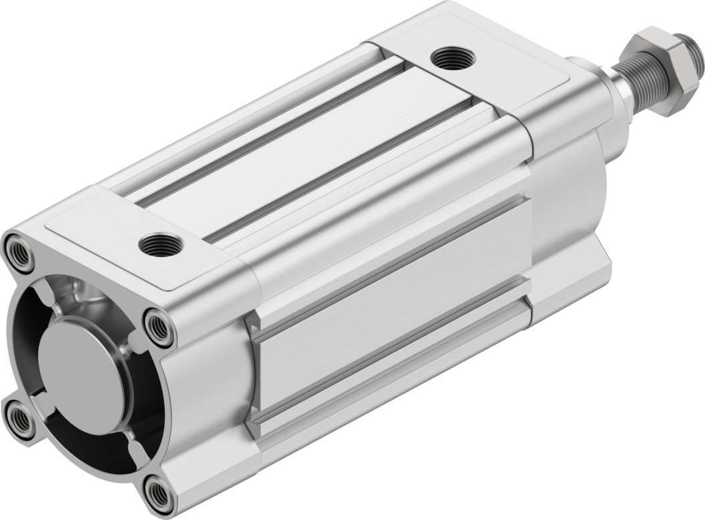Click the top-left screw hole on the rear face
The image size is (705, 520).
[19, 254]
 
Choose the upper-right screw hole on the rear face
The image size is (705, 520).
[158, 326]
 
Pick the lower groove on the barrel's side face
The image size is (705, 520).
[394, 370]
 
